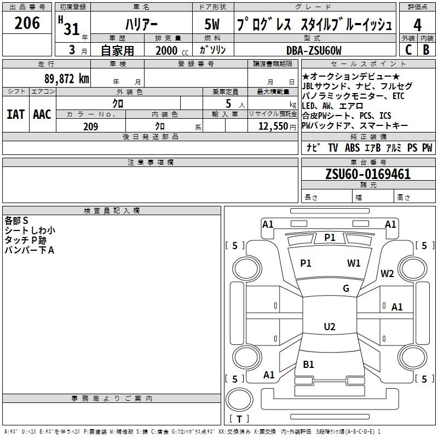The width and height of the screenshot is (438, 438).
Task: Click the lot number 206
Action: [27, 23]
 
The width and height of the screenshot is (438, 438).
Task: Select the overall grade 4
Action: [417, 25]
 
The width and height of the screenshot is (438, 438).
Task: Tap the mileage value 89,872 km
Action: [66, 78]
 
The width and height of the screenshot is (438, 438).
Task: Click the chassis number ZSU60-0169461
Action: [368, 174]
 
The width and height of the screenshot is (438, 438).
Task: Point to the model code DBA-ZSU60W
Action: [314, 50]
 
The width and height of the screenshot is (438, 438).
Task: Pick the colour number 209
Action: [90, 126]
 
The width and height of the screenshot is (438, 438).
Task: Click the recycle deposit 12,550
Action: [273, 126]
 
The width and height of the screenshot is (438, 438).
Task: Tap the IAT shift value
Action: [16, 114]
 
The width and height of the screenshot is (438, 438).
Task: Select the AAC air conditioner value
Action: [42, 114]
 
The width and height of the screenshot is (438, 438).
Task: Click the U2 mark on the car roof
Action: [330, 326]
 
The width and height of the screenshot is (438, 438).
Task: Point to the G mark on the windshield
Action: [346, 289]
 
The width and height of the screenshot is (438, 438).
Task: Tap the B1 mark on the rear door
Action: [308, 364]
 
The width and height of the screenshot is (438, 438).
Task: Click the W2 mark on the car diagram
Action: [387, 274]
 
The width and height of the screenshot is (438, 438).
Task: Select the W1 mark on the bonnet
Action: [354, 263]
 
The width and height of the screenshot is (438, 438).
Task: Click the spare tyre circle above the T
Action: [239, 399]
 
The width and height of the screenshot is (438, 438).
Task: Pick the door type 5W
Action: [212, 24]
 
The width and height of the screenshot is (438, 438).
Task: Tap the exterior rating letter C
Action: [408, 50]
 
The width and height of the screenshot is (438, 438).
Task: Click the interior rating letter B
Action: [426, 50]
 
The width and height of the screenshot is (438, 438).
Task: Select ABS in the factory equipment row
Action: [352, 147]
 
